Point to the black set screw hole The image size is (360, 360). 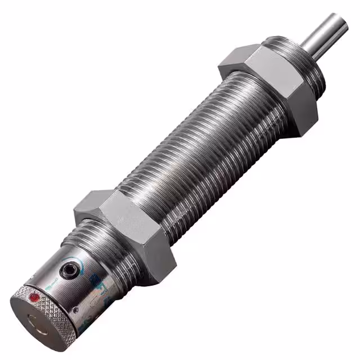click(69, 271)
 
